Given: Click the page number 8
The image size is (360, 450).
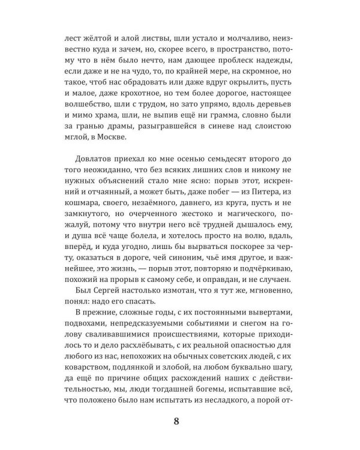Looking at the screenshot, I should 175,420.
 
